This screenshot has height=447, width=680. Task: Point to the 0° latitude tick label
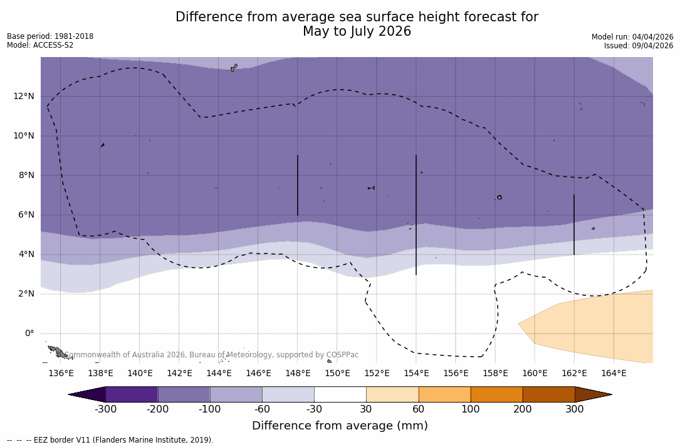tap(29, 334)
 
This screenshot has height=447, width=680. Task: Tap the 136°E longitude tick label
tap(61, 374)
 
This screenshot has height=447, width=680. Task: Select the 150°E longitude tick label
tap(337, 374)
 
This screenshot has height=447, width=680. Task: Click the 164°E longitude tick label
tap(614, 374)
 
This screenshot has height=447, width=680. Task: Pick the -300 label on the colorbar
tap(106, 409)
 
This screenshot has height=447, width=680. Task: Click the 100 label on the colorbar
tap(471, 409)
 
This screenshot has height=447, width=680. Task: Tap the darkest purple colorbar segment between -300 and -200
tap(132, 394)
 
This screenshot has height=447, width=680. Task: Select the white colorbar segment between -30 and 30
tap(340, 394)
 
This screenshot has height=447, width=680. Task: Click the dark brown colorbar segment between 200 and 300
tap(548, 394)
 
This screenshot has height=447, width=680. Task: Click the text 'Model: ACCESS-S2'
tap(40, 45)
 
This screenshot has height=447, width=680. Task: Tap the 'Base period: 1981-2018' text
tap(50, 36)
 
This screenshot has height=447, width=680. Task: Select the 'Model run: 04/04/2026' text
tap(632, 37)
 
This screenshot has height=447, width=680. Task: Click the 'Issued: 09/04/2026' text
tap(639, 46)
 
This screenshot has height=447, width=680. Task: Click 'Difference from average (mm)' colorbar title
tap(340, 426)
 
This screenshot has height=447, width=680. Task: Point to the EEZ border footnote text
tap(110, 440)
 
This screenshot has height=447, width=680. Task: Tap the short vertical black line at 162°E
tap(573, 224)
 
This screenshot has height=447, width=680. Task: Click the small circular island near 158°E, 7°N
tap(500, 197)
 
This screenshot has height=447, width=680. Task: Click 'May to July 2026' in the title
tap(357, 31)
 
